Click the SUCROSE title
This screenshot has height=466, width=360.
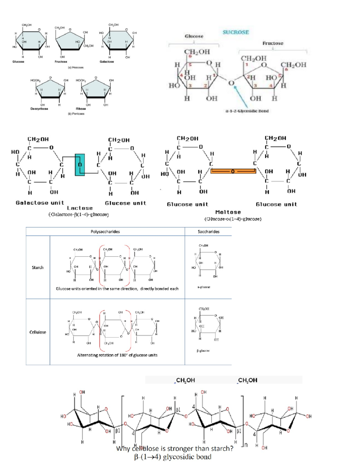235,32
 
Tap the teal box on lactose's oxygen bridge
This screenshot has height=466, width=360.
79,165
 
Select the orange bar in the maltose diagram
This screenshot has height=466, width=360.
233,171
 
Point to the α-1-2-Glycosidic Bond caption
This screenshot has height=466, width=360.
247,111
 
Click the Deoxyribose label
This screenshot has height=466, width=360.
39,109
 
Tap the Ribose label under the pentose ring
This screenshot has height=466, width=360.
81,109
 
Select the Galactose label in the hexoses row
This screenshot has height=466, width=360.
107,62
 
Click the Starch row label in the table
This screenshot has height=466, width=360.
38,267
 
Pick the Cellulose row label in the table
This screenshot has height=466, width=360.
38,332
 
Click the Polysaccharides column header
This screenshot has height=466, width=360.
105,232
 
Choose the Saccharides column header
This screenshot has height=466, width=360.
208,232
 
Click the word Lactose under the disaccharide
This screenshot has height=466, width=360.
80,208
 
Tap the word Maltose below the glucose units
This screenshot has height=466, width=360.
228,212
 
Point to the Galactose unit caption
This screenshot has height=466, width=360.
40,203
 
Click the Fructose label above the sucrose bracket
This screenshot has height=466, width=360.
273,43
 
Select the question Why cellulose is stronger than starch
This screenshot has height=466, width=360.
175,449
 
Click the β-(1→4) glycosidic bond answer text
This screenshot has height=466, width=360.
172,457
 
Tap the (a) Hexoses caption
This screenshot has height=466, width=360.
76,68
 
